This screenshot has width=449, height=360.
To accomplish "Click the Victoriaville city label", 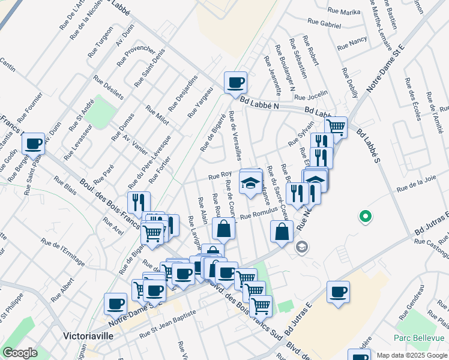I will [x=88, y=336].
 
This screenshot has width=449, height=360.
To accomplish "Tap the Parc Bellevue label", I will [x=419, y=338].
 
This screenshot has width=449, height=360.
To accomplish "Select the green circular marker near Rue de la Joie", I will [x=363, y=217].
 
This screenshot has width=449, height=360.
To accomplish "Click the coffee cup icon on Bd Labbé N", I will [x=235, y=83].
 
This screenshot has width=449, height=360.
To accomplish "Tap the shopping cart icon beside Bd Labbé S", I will [x=336, y=127].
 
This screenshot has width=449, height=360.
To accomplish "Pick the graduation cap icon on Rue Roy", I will [x=250, y=181].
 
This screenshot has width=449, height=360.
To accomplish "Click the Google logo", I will [x=20, y=353].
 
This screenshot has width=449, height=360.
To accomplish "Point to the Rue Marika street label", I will [x=344, y=11].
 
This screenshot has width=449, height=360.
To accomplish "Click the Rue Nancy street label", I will [x=352, y=43].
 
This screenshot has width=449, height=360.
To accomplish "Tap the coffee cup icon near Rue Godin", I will [x=33, y=144].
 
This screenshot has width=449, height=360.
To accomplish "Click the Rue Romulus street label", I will [x=258, y=214].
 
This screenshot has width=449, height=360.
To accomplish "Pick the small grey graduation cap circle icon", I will [x=302, y=247].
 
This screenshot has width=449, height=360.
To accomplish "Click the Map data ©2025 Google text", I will [x=412, y=355].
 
